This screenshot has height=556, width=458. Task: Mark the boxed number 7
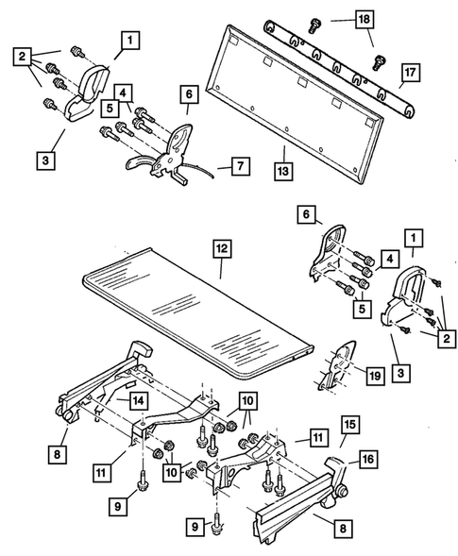(241, 166)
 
